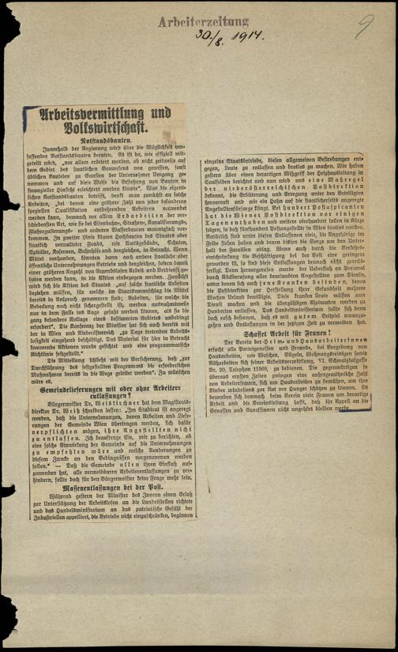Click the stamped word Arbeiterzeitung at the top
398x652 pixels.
[x=203, y=21]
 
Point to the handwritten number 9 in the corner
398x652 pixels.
[x=364, y=30]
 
